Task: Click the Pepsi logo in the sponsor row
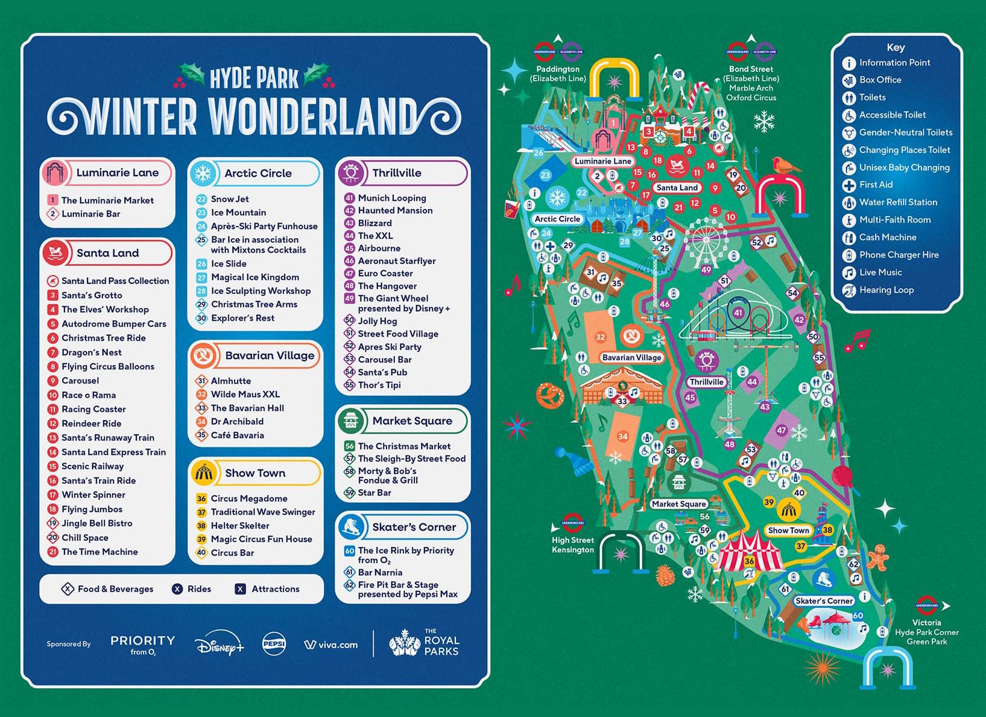click(x=274, y=644)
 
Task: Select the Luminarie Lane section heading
click(x=117, y=172)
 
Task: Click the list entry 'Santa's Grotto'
click(x=92, y=295)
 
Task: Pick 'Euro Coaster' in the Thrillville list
click(x=385, y=273)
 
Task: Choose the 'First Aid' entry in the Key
click(x=876, y=185)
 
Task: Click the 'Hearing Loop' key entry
click(x=886, y=290)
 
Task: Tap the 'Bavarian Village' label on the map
click(x=631, y=358)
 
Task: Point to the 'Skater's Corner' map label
click(x=824, y=601)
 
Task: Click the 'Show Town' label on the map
click(x=788, y=531)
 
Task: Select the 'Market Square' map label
click(x=678, y=504)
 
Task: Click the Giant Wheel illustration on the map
click(x=706, y=241)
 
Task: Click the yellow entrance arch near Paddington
click(x=614, y=78)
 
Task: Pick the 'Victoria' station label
click(x=926, y=622)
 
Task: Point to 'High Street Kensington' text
click(x=573, y=545)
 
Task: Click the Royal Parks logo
click(x=425, y=644)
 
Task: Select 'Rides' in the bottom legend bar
click(x=198, y=589)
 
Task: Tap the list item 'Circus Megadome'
click(x=248, y=499)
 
